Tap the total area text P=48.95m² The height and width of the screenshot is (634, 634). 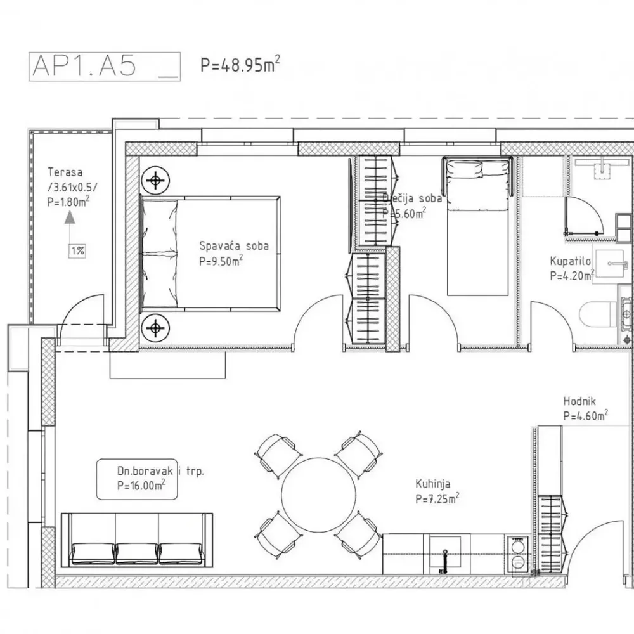coord(240,65)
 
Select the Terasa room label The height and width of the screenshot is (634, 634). coord(65,172)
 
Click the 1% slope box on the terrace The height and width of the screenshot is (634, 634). coord(77,250)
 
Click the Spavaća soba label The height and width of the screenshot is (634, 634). coord(233,246)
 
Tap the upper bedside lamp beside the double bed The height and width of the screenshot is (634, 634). coord(154,181)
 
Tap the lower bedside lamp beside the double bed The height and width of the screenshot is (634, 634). coord(154,327)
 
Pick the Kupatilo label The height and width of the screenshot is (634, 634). coord(571,261)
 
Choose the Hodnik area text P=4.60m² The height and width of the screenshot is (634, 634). coord(585,417)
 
